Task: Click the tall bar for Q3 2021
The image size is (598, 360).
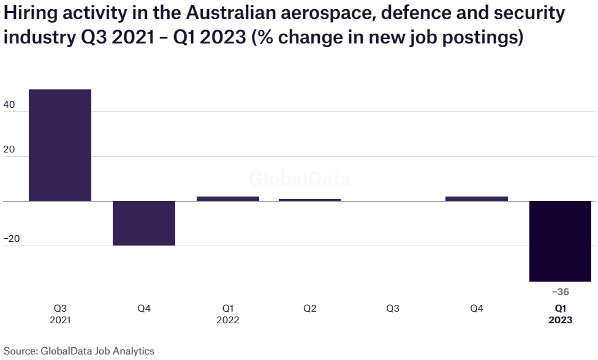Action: click(x=60, y=145)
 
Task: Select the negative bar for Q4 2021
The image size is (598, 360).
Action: click(x=144, y=223)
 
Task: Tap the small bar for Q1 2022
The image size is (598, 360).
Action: click(x=227, y=198)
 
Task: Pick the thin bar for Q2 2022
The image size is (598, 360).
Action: click(x=310, y=200)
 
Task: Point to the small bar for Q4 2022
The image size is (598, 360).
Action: click(x=477, y=198)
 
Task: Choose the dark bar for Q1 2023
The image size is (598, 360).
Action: click(x=561, y=241)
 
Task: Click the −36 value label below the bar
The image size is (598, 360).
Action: click(x=561, y=292)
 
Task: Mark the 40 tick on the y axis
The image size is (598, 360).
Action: click(x=10, y=105)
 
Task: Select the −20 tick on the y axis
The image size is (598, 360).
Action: click(x=12, y=239)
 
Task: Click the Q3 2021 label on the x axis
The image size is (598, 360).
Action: click(x=61, y=313)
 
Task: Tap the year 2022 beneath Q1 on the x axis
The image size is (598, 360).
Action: click(x=227, y=320)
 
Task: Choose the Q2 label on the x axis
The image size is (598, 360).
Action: click(x=310, y=309)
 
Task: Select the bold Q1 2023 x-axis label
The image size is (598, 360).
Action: click(x=561, y=313)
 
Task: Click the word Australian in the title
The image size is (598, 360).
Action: click(x=217, y=12)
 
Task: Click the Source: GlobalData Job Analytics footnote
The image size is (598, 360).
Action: click(x=78, y=351)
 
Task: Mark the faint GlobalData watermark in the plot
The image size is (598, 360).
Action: click(x=300, y=179)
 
